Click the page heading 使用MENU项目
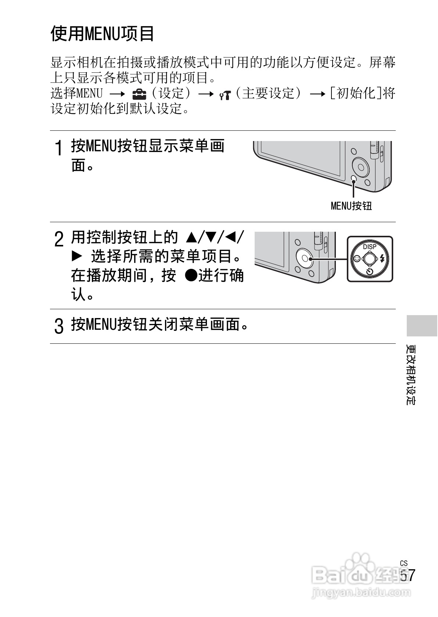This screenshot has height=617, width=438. click(102, 34)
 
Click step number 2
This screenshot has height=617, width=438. click(58, 239)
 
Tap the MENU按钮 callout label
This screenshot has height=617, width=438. click(351, 206)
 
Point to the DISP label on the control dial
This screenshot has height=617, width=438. click(370, 246)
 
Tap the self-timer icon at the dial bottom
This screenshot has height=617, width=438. click(370, 272)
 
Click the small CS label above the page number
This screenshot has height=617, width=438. click(404, 563)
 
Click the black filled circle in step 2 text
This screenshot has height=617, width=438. click(190, 275)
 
